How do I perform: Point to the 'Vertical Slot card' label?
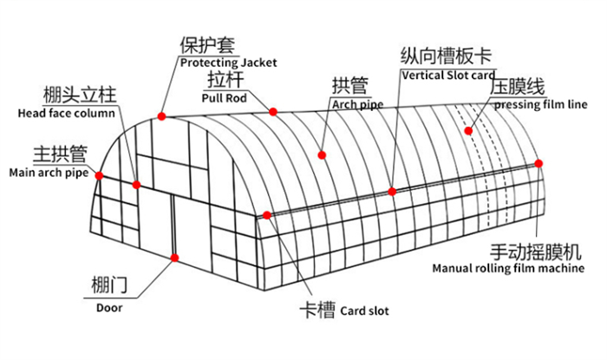click(447, 75)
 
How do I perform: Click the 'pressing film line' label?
click(540, 105)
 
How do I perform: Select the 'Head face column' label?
click(66, 113)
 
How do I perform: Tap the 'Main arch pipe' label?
click(49, 173)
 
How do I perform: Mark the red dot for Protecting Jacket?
click(162, 115)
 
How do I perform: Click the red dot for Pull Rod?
click(273, 111)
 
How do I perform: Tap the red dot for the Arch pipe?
click(322, 154)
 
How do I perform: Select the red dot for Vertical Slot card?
click(393, 191)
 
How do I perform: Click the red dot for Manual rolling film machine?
click(539, 163)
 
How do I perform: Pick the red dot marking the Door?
click(175, 258)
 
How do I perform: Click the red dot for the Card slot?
click(267, 215)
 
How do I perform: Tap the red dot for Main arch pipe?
click(100, 175)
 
